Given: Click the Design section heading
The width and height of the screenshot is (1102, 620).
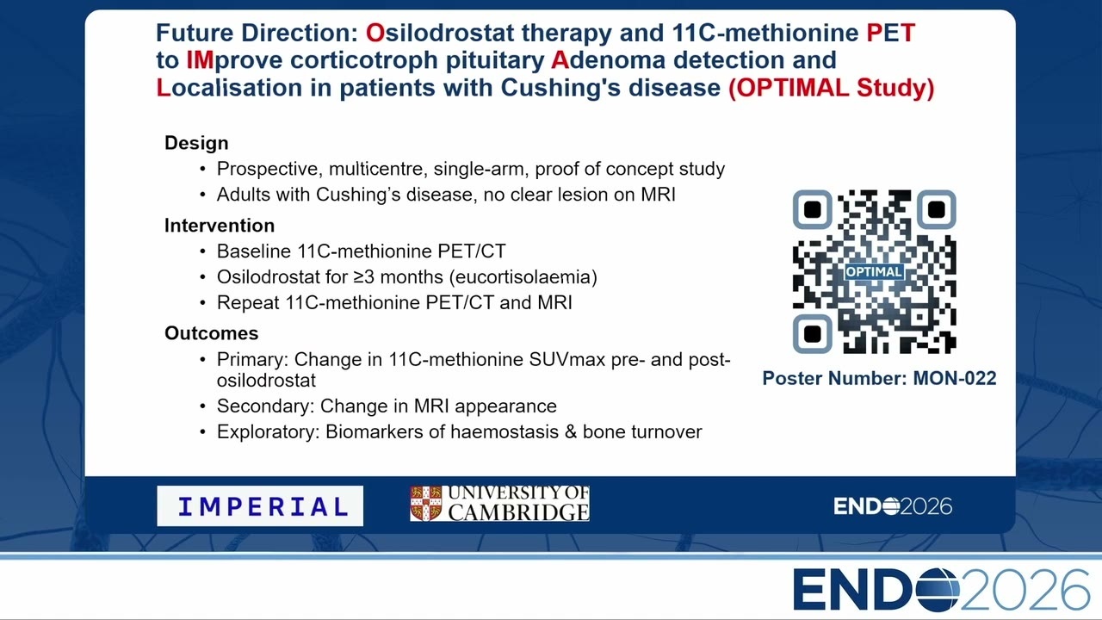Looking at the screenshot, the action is [196, 143].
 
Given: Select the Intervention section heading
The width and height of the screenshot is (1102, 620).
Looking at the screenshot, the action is [220, 226].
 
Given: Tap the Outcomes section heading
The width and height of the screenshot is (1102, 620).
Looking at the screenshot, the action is [212, 333].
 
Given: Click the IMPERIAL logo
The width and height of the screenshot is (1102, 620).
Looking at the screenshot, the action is [260, 505].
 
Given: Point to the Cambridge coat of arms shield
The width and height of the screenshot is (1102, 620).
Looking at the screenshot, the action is [426, 504].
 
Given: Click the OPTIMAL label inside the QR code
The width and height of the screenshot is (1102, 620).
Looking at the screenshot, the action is [874, 271].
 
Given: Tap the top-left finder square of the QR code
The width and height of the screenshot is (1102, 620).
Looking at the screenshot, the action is [812, 209].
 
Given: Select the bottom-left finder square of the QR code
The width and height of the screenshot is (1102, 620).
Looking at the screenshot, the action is [812, 334].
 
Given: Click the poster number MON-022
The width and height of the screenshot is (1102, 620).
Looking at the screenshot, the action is [955, 378].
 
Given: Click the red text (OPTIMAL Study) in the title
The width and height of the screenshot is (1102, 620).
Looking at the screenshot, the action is [831, 88].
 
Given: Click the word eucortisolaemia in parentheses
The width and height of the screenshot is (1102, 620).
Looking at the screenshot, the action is [523, 277].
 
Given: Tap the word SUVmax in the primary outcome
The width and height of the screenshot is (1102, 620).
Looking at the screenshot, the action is [567, 359].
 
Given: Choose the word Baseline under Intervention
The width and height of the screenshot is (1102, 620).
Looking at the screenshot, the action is [254, 251].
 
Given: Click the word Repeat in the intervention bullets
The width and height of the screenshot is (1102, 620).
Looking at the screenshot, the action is [248, 302].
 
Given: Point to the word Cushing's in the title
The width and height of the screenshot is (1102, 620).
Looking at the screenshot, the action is [560, 88].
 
